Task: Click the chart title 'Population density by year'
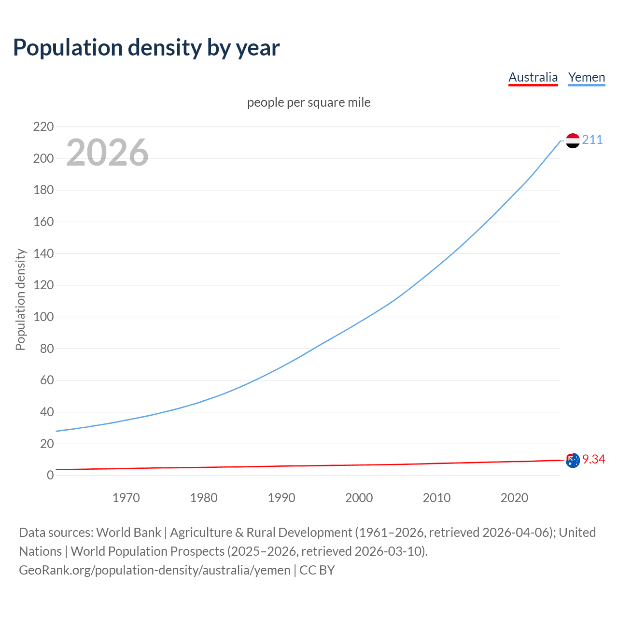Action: coord(146,48)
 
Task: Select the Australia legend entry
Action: coord(533,77)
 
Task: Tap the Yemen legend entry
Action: coord(587,77)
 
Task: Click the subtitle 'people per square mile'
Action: coord(309,103)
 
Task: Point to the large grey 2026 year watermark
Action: coord(107,153)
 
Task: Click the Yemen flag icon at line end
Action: coord(573,140)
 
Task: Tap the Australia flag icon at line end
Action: coord(573,461)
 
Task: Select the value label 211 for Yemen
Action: coord(592,140)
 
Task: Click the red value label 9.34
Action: coord(593,459)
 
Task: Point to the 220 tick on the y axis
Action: coord(43,127)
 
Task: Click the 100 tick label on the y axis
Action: coord(43,317)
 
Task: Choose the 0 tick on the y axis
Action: coord(50,476)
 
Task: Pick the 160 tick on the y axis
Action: coord(43,222)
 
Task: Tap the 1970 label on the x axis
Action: coord(126,498)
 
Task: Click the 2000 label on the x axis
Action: coord(359,498)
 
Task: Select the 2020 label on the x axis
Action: coord(514,498)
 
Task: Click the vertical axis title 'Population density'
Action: coord(20,299)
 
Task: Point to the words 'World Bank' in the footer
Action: coord(128,533)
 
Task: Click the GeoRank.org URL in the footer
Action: coord(154,570)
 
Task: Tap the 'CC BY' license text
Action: coord(317,570)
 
